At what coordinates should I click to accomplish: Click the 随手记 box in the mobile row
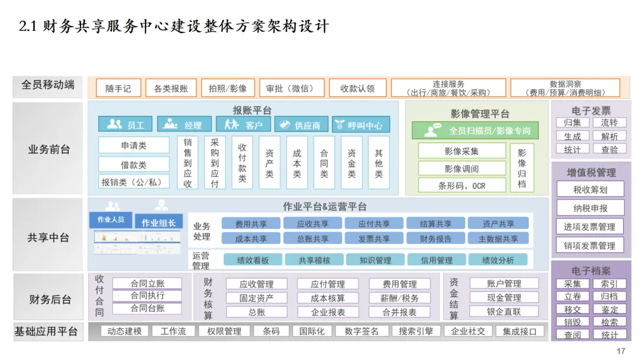118,88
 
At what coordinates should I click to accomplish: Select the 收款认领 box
357,88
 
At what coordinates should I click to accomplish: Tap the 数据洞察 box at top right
565,88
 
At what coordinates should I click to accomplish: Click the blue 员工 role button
126,125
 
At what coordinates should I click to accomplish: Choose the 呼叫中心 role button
360,125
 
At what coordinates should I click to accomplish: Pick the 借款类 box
134,165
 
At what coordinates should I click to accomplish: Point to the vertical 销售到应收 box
188,163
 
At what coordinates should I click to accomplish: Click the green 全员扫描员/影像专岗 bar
479,130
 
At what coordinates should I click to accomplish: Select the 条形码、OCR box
461,185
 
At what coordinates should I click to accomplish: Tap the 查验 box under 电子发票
609,149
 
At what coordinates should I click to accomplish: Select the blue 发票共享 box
374,239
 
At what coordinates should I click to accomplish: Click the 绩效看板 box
253,260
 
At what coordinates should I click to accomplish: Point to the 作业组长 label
158,222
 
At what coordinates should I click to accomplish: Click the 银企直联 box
504,311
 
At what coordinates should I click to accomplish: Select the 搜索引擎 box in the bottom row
415,331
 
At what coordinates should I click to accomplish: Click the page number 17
621,351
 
